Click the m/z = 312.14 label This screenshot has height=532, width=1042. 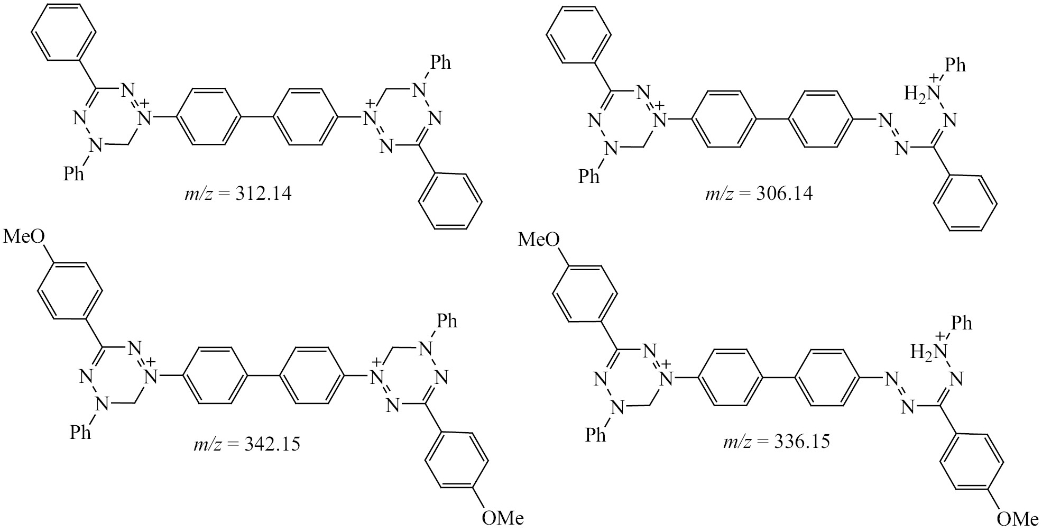coord(236,194)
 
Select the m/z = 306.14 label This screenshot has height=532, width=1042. coord(759,193)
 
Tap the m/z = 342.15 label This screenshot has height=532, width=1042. coord(246,443)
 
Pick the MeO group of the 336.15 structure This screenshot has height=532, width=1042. coord(538,240)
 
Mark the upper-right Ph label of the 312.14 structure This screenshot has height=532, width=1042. coord(441,63)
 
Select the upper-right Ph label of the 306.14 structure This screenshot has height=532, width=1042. coord(955,65)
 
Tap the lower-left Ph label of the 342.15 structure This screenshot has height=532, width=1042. coord(80,432)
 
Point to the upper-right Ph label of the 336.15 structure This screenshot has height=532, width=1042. coord(962,323)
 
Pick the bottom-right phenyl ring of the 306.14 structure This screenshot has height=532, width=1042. coord(965,203)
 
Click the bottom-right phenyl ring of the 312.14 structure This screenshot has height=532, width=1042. coord(450,201)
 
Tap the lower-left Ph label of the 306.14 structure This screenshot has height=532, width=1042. coord(589,176)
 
